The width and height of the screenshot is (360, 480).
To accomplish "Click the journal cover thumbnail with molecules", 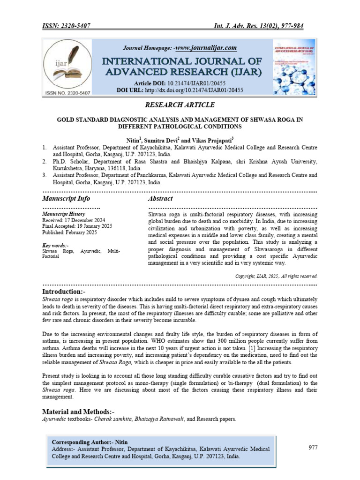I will pos(293,67).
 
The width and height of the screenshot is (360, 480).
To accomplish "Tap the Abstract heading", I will pos(161,199).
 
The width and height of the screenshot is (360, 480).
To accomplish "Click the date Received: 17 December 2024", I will pos(74,220).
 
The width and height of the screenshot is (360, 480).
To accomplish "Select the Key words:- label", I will pos(55,245).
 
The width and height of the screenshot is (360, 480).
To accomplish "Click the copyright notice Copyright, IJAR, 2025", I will pos(276,276).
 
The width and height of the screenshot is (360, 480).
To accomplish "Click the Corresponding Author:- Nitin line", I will pos(89,442).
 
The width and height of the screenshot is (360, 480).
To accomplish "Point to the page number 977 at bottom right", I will pos(313,448).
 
